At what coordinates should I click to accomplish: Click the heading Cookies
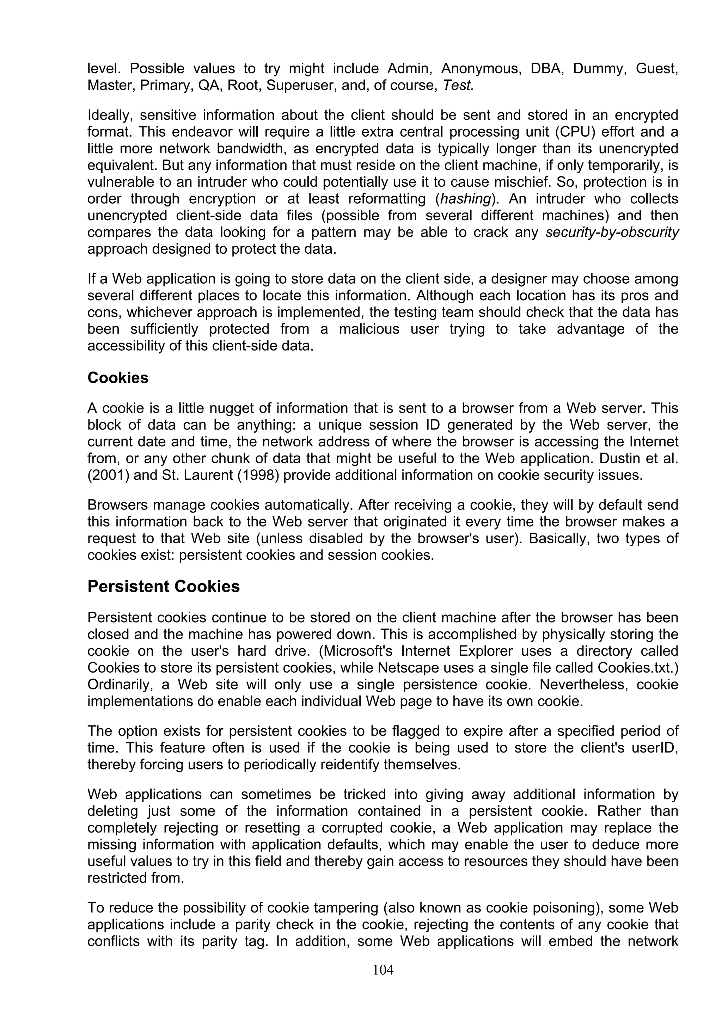(118, 378)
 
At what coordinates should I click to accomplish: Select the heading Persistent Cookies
(163, 586)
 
